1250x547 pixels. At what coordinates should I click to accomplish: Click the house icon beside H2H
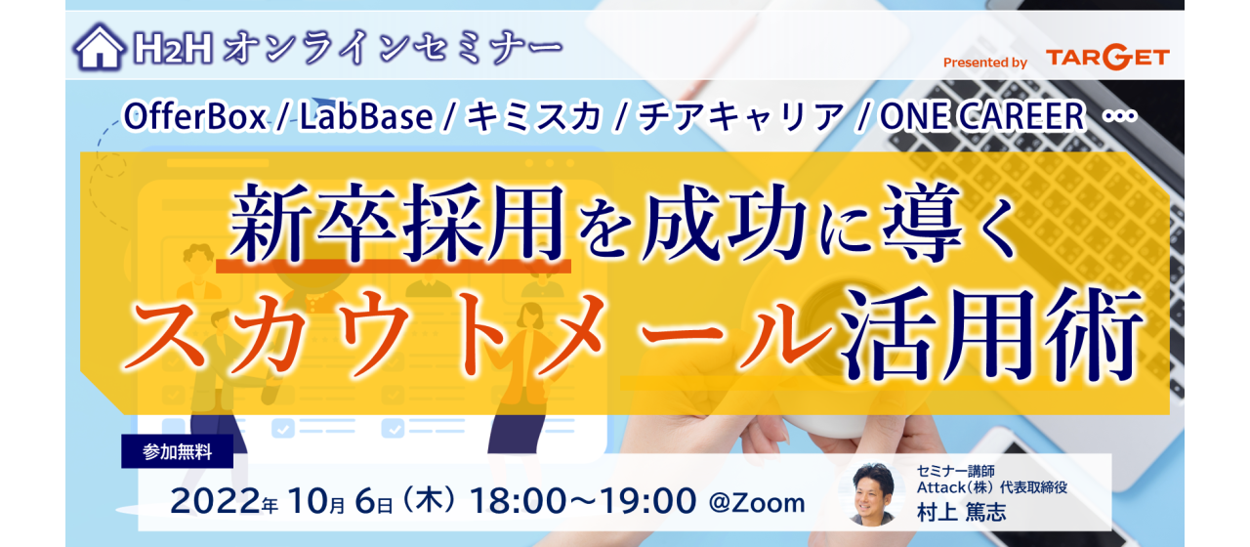click(x=99, y=47)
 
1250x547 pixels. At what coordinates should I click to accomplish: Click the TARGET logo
click(x=1106, y=59)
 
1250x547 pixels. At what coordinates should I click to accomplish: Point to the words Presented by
click(x=984, y=63)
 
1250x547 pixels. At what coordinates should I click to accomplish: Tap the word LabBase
click(x=366, y=118)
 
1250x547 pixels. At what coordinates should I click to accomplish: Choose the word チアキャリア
click(x=740, y=118)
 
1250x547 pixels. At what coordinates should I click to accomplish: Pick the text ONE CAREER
click(x=981, y=118)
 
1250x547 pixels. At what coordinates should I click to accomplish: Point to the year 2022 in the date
click(x=216, y=502)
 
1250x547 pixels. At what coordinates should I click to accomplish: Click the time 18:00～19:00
click(x=583, y=502)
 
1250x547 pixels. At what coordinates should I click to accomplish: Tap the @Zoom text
click(x=757, y=503)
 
